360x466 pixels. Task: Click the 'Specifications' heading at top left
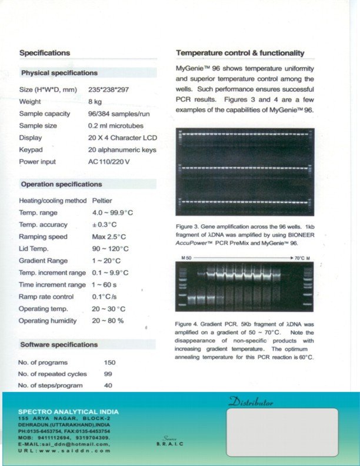(45, 53)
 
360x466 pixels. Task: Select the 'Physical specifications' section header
(59, 73)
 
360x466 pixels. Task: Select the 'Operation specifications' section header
(61, 184)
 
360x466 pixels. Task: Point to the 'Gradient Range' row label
(44, 261)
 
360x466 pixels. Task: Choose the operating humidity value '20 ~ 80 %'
(108, 321)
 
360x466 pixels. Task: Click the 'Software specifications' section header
(59, 345)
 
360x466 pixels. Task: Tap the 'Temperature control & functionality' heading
(240, 53)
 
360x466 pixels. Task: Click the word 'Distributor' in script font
(251, 402)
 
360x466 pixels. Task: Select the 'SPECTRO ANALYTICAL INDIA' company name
(68, 411)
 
